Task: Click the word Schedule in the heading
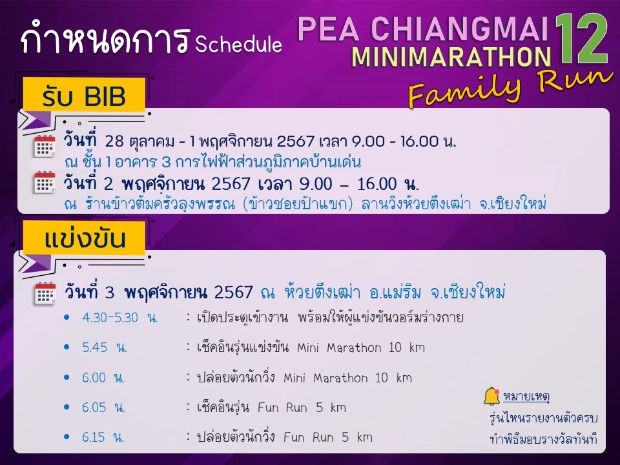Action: tap(238, 44)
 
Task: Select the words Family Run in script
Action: tap(510, 87)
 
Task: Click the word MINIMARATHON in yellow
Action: tap(451, 57)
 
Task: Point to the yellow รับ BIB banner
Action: tap(84, 95)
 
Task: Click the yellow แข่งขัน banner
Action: tap(84, 238)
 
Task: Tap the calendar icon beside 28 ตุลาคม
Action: tap(45, 147)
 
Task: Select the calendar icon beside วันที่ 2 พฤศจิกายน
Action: tap(45, 183)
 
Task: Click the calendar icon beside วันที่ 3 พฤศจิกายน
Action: tap(45, 293)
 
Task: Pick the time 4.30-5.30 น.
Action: tap(120, 318)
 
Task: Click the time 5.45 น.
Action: tap(105, 347)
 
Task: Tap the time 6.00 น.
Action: tap(103, 377)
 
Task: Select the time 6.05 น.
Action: tap(103, 408)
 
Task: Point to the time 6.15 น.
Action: tap(103, 437)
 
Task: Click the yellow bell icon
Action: tap(491, 395)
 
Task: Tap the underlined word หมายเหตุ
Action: tap(526, 396)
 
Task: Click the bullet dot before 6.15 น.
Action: tap(67, 437)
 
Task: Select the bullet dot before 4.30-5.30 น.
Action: tap(67, 317)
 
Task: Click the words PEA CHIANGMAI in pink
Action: tap(423, 28)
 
